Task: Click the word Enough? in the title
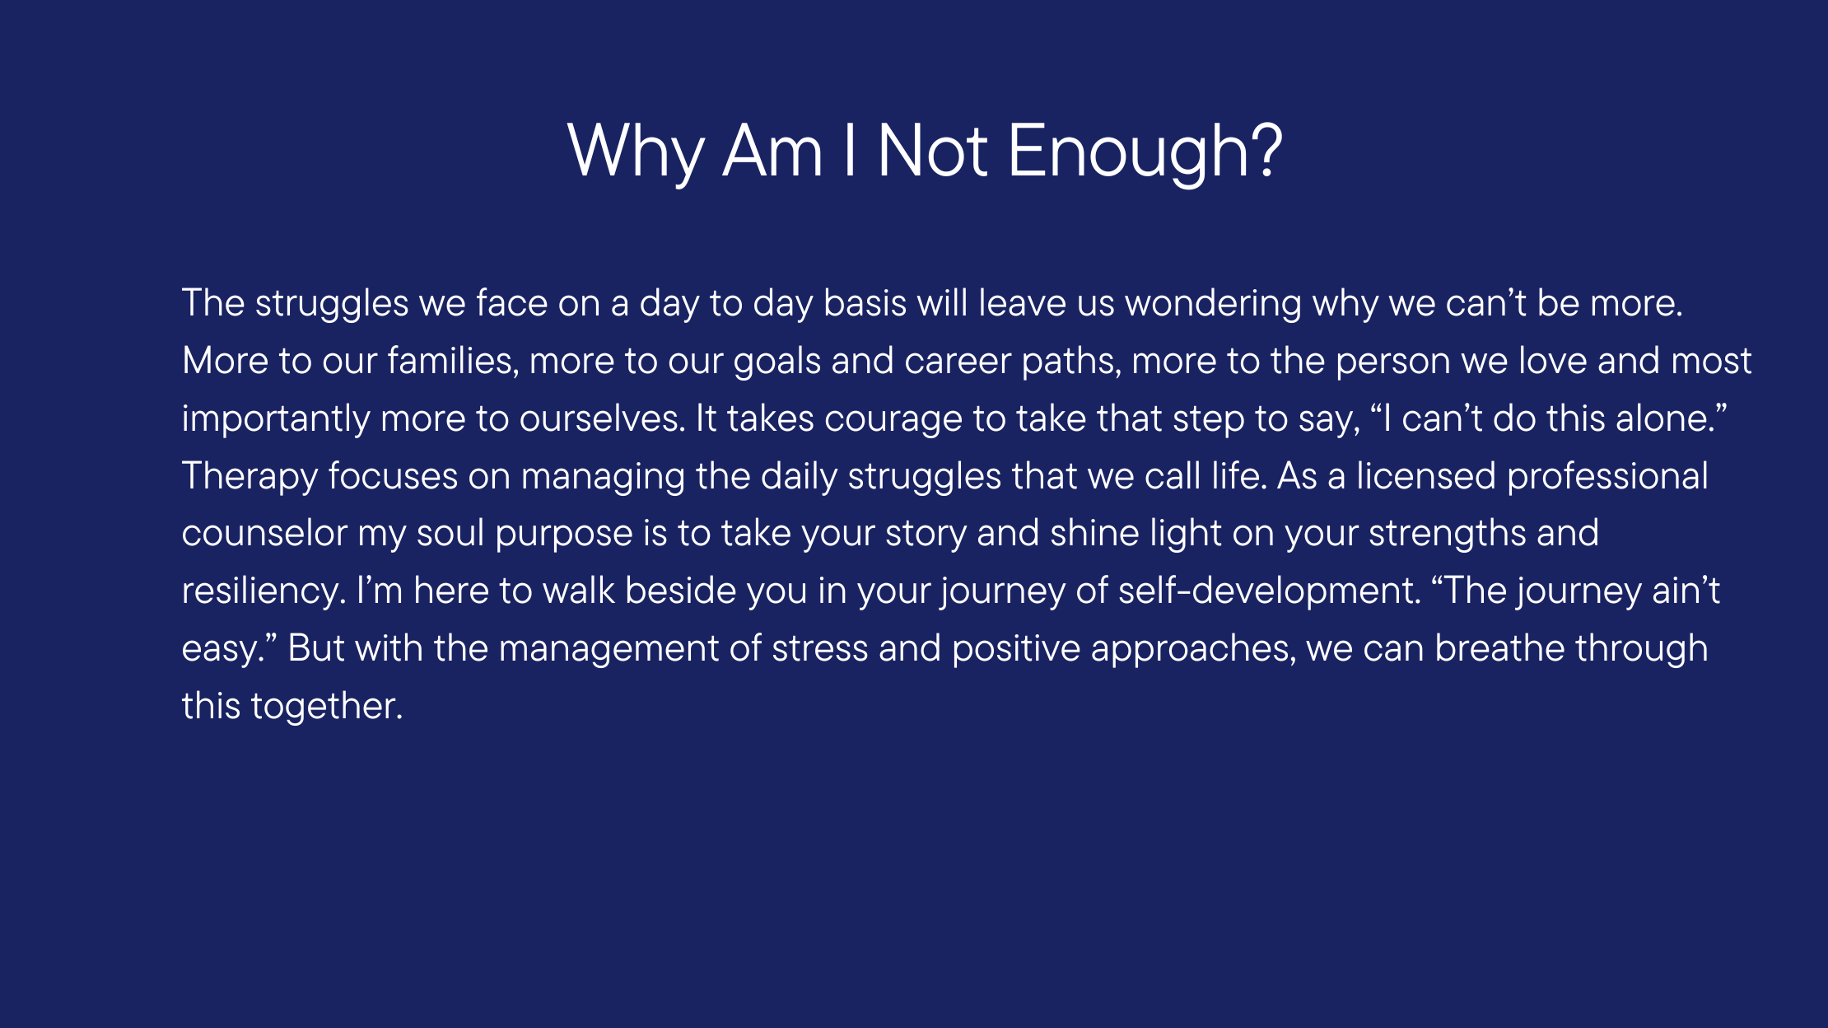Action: pos(1145,152)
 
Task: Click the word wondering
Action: pos(1214,304)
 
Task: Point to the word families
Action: pos(453,360)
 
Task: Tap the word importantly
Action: pos(276,419)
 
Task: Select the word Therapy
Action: pos(249,477)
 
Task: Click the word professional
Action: pos(1607,477)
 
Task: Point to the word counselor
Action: pos(264,533)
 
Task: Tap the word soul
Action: pos(450,533)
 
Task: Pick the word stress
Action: pos(819,649)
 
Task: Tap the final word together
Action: pos(326,707)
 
